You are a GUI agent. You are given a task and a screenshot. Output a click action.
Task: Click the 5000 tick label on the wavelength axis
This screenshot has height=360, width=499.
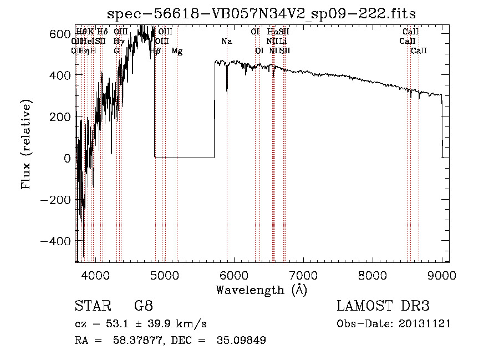pyautogui.click(x=165, y=275)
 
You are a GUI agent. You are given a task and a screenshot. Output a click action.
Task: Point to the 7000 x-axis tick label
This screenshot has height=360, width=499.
pyautogui.click(x=303, y=275)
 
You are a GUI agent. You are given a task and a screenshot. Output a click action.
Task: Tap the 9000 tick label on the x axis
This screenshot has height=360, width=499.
pyautogui.click(x=442, y=275)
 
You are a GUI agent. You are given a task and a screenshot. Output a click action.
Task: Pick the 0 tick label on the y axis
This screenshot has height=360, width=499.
pyautogui.click(x=67, y=159)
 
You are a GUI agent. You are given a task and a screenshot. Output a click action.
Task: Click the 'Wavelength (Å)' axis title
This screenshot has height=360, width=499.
pyautogui.click(x=262, y=290)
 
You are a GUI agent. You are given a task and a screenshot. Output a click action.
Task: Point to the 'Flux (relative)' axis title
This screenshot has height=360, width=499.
pyautogui.click(x=27, y=144)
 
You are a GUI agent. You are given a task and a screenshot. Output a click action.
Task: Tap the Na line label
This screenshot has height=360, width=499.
pyautogui.click(x=227, y=42)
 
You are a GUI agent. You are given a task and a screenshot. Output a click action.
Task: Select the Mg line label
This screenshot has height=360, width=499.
pyautogui.click(x=177, y=51)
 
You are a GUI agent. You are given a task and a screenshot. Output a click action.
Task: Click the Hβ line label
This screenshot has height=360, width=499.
pyautogui.click(x=155, y=51)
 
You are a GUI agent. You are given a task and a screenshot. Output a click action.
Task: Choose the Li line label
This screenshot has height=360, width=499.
pyautogui.click(x=283, y=42)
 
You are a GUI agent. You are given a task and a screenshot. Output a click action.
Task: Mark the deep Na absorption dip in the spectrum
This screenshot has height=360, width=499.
pyautogui.click(x=227, y=89)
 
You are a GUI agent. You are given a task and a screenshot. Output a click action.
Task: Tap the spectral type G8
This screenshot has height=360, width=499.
pyautogui.click(x=143, y=306)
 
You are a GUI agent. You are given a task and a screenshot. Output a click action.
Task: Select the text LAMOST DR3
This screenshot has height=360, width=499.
pyautogui.click(x=383, y=306)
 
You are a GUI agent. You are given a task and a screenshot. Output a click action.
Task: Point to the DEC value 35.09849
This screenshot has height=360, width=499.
pyautogui.click(x=242, y=341)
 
